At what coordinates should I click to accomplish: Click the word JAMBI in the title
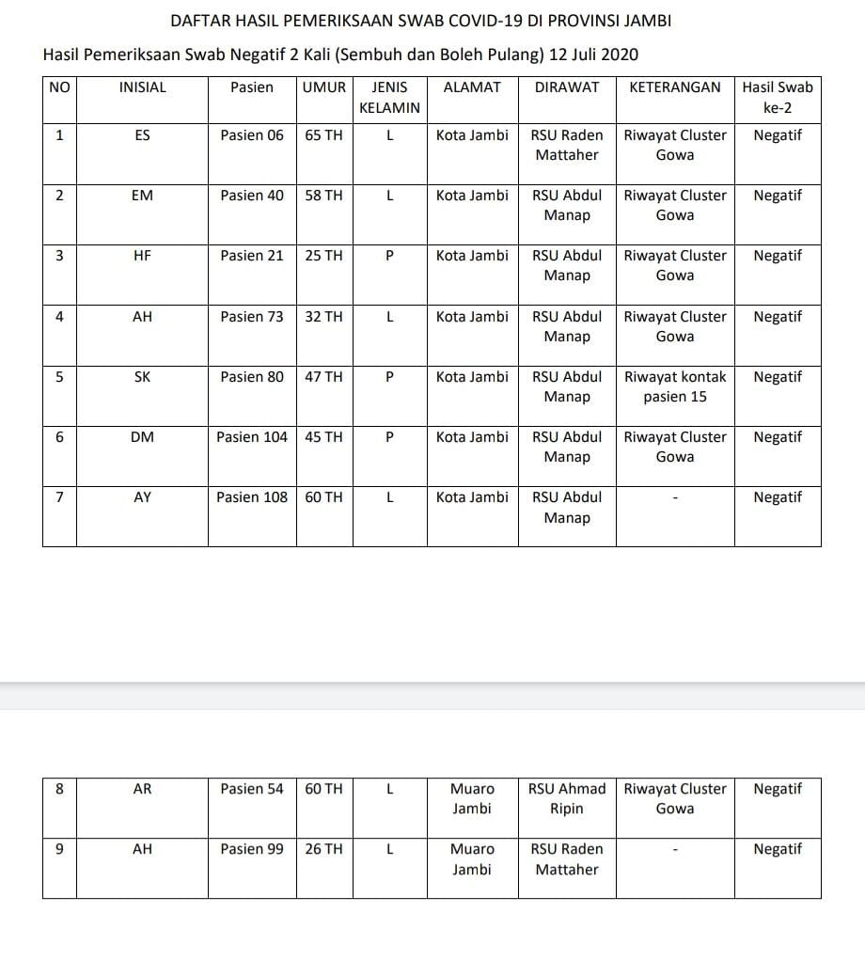[x=650, y=21]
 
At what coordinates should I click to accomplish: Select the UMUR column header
[x=324, y=87]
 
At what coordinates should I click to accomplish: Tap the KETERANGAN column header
[x=674, y=87]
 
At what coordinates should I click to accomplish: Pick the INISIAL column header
[x=142, y=87]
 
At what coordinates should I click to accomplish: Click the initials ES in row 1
[x=142, y=135]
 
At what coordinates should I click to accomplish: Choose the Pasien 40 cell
[x=251, y=196]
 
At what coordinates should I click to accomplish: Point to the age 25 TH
[x=324, y=256]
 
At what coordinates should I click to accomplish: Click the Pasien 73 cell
[x=251, y=317]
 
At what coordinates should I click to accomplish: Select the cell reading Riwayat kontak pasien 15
[x=675, y=386]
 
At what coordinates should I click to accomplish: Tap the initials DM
[x=142, y=437]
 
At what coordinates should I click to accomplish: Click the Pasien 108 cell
[x=251, y=497]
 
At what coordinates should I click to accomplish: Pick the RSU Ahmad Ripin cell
[x=567, y=798]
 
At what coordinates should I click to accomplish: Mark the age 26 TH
[x=324, y=849]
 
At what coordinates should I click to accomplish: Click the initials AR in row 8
[x=142, y=789]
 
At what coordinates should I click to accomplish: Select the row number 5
[x=59, y=377]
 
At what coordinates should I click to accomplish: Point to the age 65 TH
[x=324, y=135]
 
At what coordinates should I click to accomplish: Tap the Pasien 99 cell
[x=251, y=849]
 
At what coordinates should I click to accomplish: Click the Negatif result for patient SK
[x=778, y=377]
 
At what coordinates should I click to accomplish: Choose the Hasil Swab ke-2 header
[x=778, y=97]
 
